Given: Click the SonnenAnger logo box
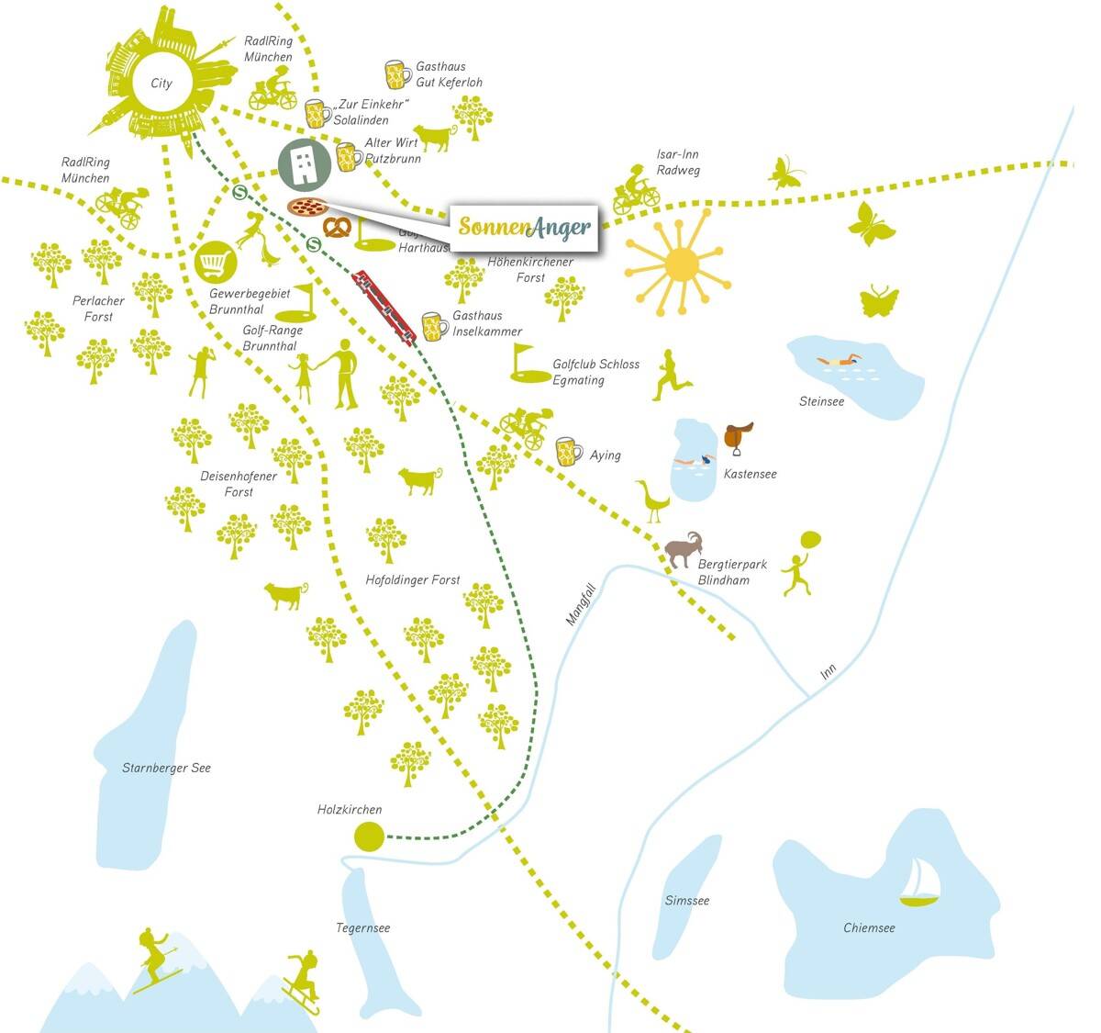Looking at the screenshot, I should (524, 226).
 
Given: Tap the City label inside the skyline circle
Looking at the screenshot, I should (161, 84).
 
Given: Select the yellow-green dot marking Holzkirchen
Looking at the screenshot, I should (368, 837).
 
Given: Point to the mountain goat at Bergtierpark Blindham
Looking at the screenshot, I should (684, 549).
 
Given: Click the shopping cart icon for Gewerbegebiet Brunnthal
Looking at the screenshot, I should (216, 264).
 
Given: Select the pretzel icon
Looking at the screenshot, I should (337, 226).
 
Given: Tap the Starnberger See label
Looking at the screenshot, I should (166, 768).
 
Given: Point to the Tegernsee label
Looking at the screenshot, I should (362, 927).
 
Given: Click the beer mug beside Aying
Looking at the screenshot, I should (569, 452).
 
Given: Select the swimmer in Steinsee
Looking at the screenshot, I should (840, 361).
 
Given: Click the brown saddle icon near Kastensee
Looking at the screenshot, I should (738, 436).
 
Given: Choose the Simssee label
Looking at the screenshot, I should (687, 900).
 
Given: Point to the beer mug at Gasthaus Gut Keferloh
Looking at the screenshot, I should (398, 74).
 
